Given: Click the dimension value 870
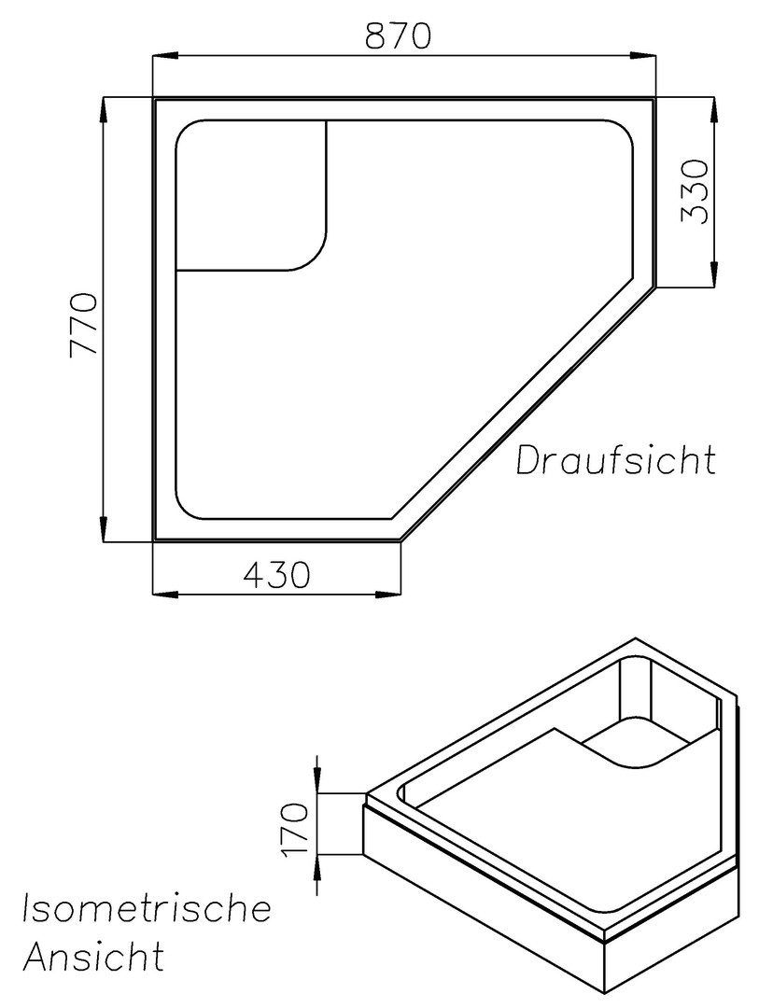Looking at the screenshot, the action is click(x=398, y=36).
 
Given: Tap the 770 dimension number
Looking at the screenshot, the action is click(x=84, y=326).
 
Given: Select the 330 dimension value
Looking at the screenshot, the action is click(x=695, y=191).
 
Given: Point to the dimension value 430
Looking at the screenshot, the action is click(x=277, y=575).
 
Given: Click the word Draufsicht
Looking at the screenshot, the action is click(x=616, y=459).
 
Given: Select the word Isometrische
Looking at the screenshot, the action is click(x=148, y=908).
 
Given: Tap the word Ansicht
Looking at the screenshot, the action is click(x=94, y=956).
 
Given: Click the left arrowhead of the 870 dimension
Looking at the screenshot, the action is click(x=164, y=57).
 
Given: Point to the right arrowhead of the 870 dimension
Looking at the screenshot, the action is click(x=643, y=57).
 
